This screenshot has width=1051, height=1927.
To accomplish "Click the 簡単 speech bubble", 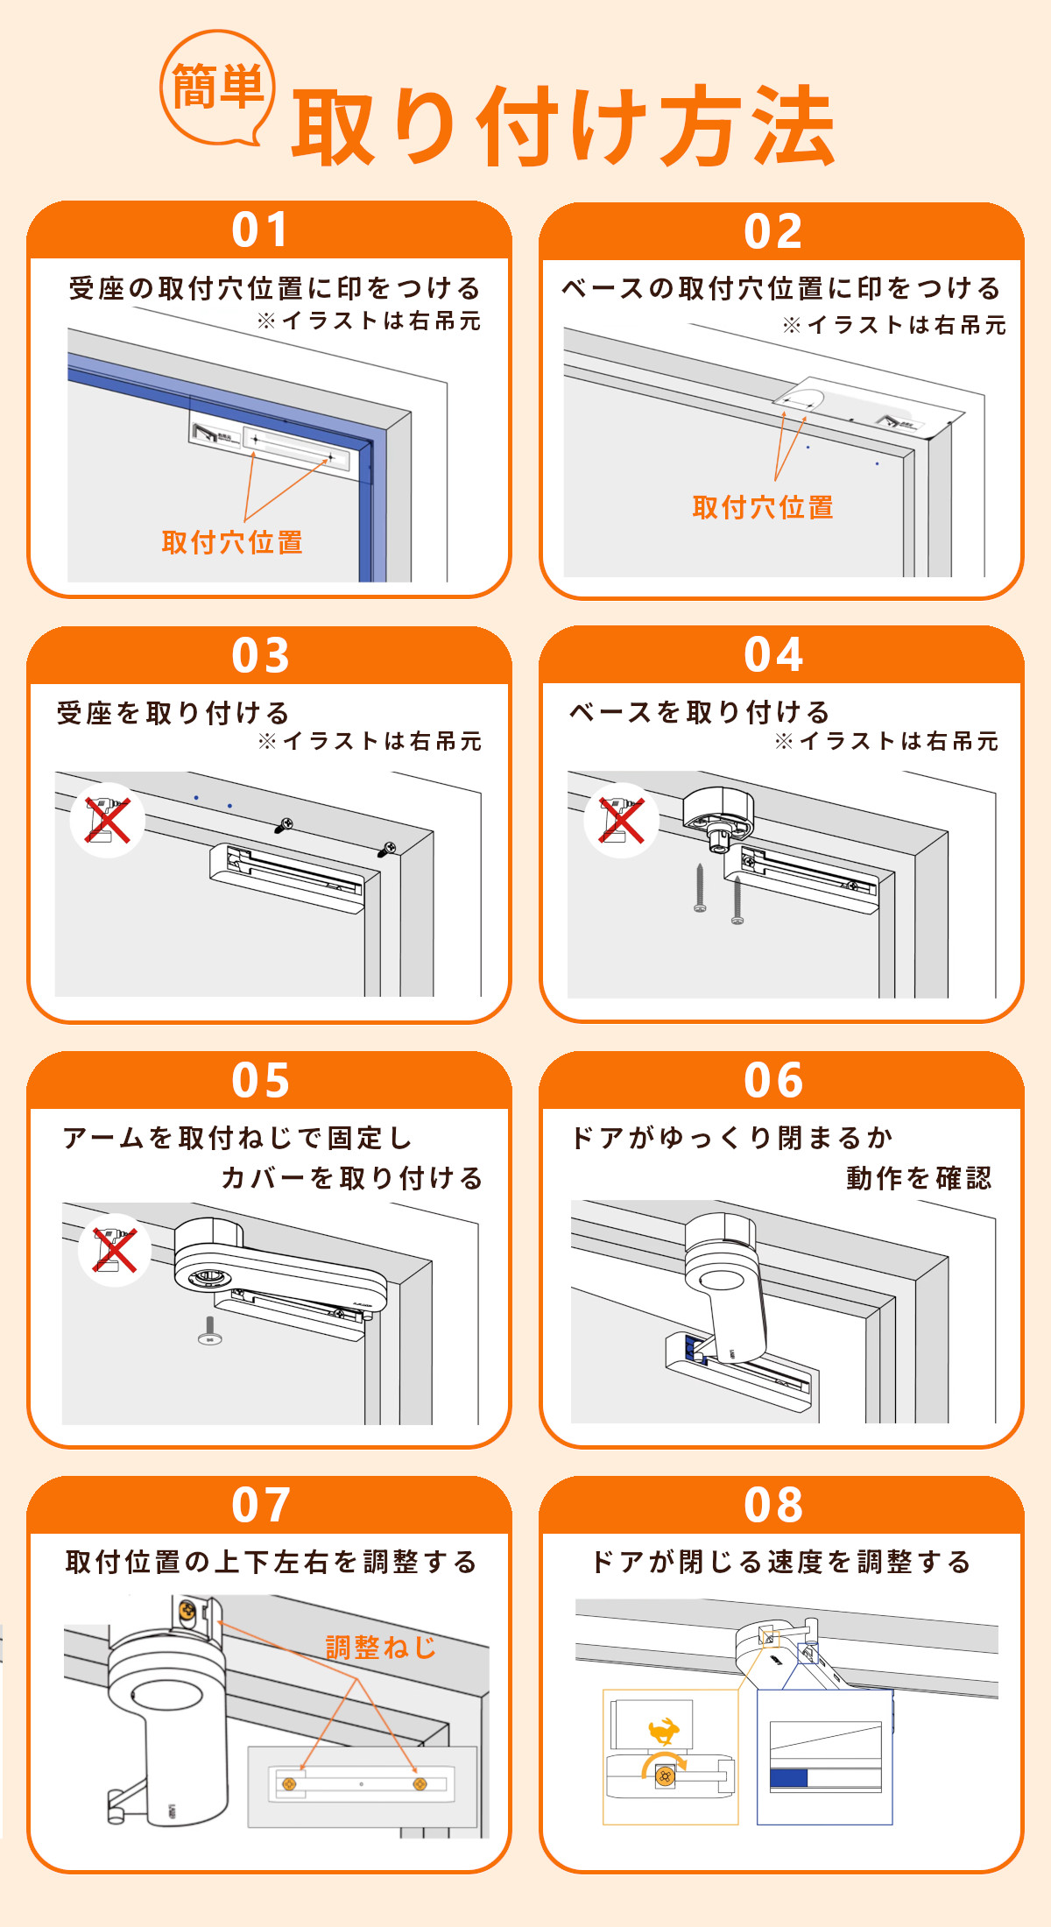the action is pos(217,88).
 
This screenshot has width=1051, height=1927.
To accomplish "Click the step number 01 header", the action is pos(260,229).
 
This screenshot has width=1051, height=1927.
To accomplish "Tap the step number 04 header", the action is pos(773,654).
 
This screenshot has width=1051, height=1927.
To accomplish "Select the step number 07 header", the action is pos(260,1505).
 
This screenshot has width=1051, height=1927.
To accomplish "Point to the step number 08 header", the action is pos(773,1505).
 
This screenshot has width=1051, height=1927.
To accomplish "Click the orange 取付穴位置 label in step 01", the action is pos(232,542).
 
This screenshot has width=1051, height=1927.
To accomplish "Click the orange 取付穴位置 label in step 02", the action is pos(763,507).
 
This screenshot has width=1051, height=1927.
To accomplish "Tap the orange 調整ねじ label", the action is pos(381,1648).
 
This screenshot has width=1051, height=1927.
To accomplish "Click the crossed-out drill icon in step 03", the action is pos(108,820).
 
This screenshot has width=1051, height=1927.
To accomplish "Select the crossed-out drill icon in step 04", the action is pos(622,820).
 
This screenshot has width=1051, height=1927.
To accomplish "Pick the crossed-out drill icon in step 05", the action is pos(115,1250).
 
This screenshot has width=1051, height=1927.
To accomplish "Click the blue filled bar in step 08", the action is pos(788,1778).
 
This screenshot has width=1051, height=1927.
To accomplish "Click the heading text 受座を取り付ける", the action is pos(173,713).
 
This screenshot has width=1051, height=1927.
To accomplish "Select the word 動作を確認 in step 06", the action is pos(919,1178).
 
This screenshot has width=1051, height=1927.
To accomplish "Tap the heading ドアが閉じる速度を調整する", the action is pos(781,1562).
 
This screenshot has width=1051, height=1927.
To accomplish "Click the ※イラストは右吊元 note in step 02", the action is pos(894,325).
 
